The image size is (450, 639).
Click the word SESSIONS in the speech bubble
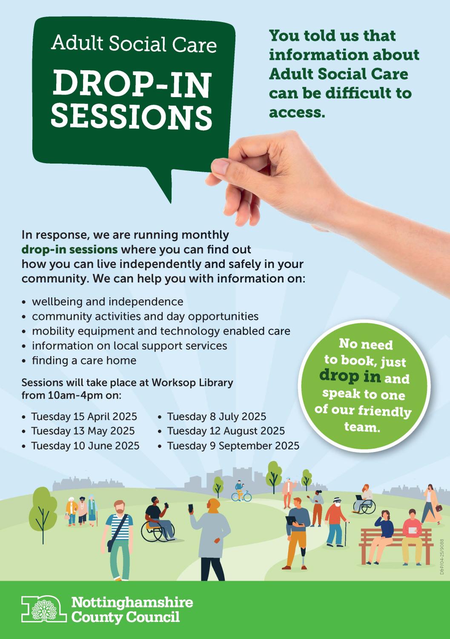click(x=132, y=116)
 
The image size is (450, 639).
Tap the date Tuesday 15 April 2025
click(x=84, y=417)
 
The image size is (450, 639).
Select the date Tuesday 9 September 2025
click(x=233, y=446)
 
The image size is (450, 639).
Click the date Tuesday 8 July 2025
click(x=216, y=417)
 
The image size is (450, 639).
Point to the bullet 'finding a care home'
click(x=84, y=360)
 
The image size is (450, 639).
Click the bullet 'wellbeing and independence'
click(x=108, y=302)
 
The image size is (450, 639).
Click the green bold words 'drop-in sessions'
click(x=69, y=250)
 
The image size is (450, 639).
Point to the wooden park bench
click(x=396, y=546)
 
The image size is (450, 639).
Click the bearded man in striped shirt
click(x=118, y=540)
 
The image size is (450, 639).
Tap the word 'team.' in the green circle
click(x=362, y=427)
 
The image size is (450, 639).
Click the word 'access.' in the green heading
click(x=297, y=113)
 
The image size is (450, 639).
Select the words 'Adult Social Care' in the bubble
click(x=134, y=44)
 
